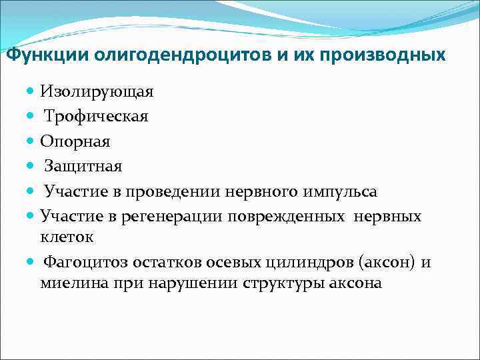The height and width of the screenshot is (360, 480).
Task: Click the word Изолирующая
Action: coord(97,90)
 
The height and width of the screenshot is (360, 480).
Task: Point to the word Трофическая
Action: coord(96,115)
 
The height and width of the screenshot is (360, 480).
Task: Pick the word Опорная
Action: coord(75,141)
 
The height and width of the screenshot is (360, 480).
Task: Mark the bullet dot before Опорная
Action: coord(31,141)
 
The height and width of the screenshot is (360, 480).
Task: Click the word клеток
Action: coord(66,236)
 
